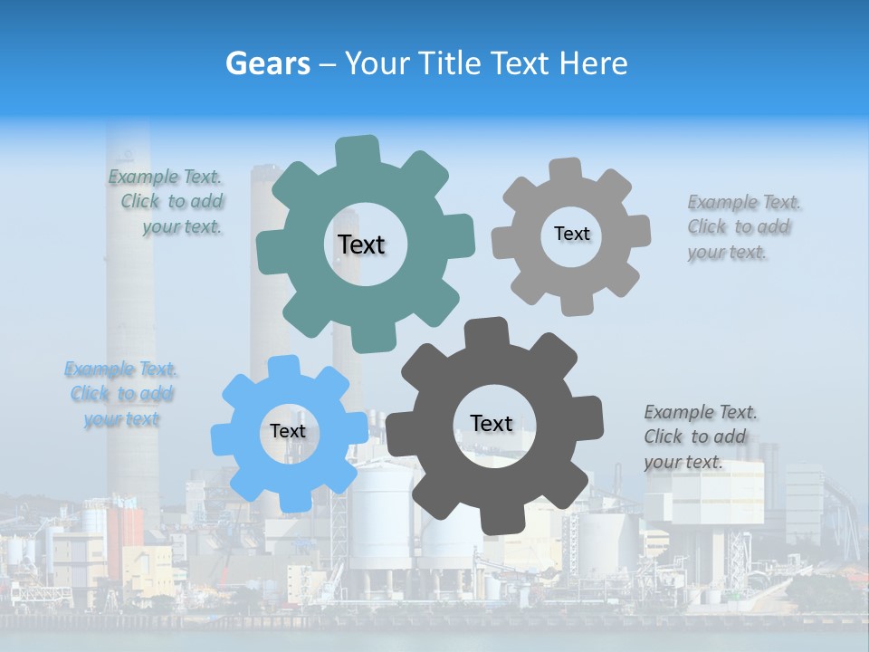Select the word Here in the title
[x=593, y=63]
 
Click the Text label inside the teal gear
[x=361, y=244]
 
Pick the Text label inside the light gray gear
[x=571, y=234]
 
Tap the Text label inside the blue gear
[x=288, y=431]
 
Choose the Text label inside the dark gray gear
[x=492, y=423]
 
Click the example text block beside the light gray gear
[x=742, y=227]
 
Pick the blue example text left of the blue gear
[x=121, y=394]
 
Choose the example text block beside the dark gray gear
[x=700, y=437]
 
